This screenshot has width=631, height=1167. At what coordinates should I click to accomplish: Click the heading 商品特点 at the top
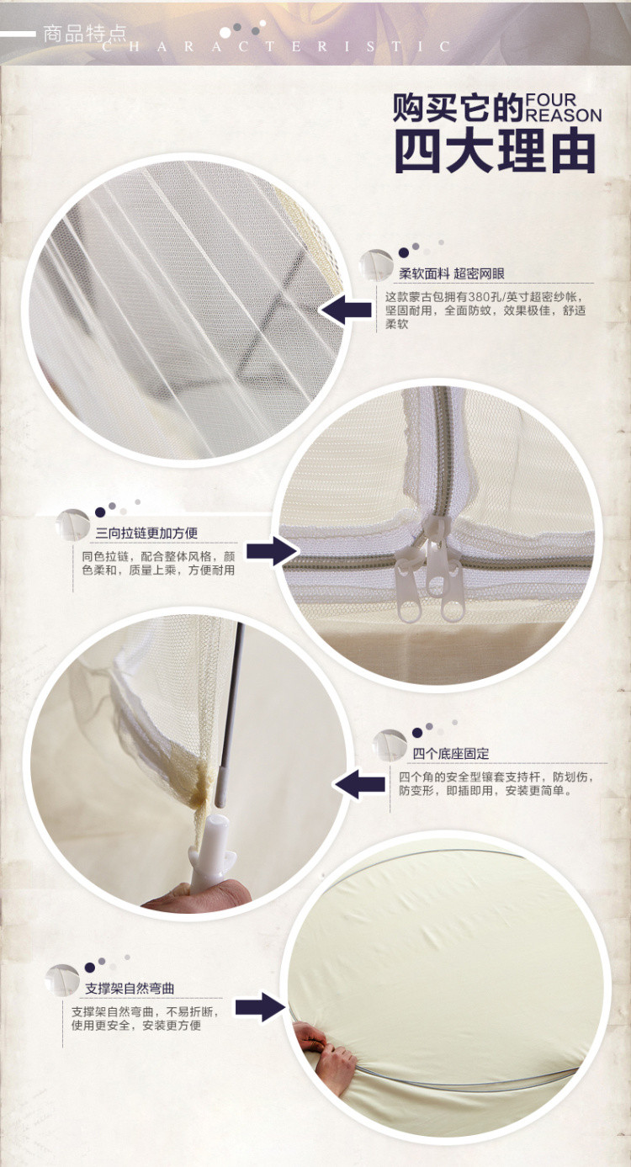[x=84, y=34]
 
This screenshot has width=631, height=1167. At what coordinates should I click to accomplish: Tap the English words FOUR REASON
[x=563, y=108]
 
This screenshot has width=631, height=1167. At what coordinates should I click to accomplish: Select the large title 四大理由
[x=495, y=151]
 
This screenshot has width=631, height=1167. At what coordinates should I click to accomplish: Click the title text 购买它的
[x=458, y=108]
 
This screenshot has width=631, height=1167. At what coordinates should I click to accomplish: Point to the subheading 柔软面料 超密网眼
[x=452, y=273]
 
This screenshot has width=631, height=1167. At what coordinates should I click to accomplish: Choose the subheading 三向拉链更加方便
[x=146, y=533]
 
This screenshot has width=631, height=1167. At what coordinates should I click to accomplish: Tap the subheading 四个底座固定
[x=451, y=753]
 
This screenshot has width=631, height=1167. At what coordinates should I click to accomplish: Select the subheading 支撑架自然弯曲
[x=130, y=989]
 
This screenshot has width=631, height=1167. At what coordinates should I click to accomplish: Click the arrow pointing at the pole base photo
[x=359, y=784]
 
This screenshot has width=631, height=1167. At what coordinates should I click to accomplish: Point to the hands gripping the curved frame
[x=326, y=1059]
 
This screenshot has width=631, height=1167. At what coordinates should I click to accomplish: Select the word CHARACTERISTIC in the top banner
[x=276, y=47]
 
